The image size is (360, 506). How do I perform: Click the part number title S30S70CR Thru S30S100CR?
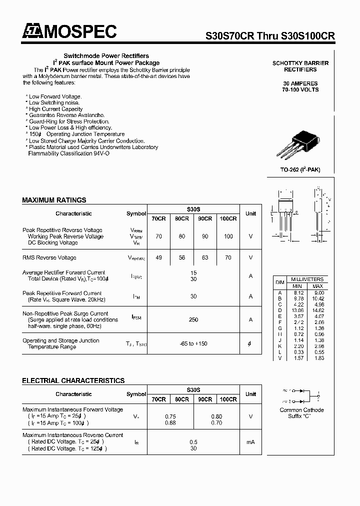[270, 36]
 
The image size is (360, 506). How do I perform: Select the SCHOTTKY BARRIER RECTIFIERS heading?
[300, 66]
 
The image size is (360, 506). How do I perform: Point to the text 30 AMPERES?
[300, 83]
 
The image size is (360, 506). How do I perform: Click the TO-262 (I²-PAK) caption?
[300, 170]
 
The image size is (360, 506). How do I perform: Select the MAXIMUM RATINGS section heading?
[54, 200]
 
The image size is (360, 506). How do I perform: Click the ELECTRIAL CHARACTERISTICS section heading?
[73, 380]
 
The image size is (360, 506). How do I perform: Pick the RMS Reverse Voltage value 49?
[158, 257]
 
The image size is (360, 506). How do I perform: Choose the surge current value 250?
[193, 319]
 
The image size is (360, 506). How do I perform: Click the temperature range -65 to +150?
[193, 343]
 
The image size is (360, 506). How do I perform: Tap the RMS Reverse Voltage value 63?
[205, 257]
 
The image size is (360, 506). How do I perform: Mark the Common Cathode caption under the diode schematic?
[301, 410]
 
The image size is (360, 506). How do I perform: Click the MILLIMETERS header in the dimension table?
[306, 279]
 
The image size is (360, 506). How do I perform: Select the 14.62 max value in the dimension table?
[317, 310]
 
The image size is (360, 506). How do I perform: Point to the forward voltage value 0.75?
[170, 416]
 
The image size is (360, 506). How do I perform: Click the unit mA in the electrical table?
[250, 442]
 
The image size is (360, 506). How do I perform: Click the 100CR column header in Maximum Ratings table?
[228, 218]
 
